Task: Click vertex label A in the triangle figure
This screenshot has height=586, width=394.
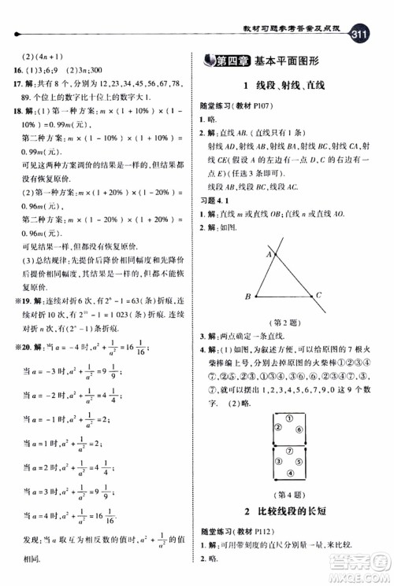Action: tap(268, 255)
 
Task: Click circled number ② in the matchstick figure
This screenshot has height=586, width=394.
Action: tap(277, 429)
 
